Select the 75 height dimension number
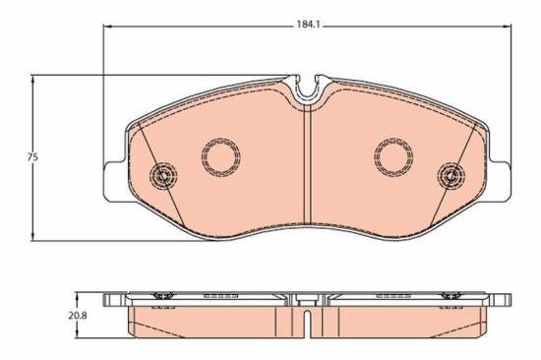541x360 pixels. point(31,157)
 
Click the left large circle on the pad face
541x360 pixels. point(221,154)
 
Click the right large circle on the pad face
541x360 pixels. point(393,154)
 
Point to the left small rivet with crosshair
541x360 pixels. point(162,176)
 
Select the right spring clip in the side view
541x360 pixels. point(451,296)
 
